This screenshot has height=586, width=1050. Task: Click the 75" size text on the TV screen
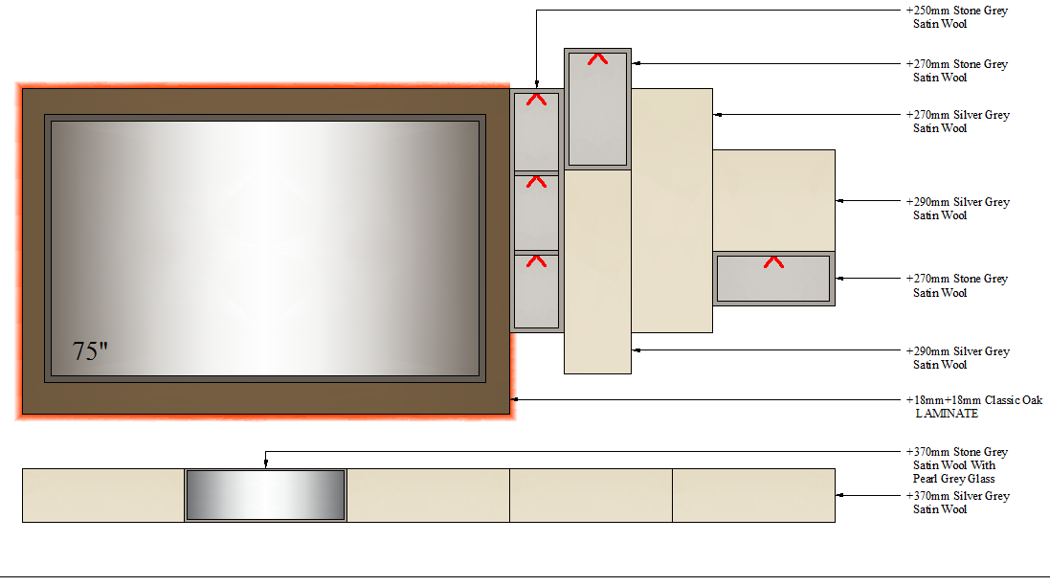point(90,350)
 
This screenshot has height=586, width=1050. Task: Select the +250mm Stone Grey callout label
point(957,16)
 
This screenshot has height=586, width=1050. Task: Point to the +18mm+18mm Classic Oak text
point(974,400)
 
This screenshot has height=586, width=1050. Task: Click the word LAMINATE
point(947,414)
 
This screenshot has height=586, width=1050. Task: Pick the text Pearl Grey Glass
point(953,478)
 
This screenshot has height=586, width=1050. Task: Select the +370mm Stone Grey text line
point(957,451)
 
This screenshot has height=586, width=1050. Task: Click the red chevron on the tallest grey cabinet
point(597,59)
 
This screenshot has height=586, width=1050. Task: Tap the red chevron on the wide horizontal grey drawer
point(773,262)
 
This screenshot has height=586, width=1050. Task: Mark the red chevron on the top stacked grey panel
point(536,100)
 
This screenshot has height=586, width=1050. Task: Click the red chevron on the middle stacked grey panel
point(536,182)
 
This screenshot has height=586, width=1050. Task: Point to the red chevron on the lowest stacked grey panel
point(536,261)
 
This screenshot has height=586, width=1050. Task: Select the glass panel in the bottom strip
point(265,495)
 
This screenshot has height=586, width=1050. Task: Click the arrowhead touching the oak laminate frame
point(514,399)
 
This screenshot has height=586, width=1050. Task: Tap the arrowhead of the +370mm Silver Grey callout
point(839,496)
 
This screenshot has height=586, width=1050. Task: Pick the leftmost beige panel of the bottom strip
point(103,496)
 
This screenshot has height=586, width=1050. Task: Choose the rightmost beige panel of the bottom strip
point(753,496)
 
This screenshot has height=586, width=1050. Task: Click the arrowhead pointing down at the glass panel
point(266,463)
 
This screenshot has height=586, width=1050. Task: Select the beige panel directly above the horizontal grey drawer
point(773,200)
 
